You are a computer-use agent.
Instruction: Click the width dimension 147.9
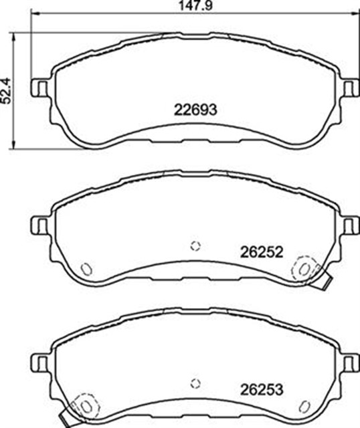point(195,5)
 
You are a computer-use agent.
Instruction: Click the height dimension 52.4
point(6,91)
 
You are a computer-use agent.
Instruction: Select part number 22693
point(195,110)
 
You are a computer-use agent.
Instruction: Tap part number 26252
point(262,252)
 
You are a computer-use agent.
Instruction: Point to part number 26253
point(262,389)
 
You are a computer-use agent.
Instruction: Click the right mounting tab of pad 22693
point(351,88)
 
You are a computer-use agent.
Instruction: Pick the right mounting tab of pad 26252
point(351,225)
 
